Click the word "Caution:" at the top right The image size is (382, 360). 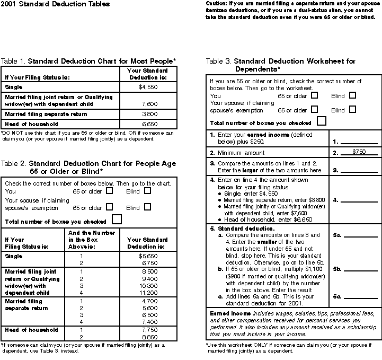(217, 3)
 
